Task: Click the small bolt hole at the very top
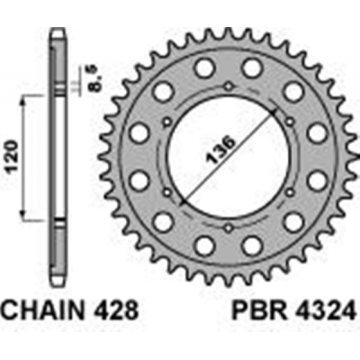tap(229, 87)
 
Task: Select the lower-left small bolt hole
tap(167, 193)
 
